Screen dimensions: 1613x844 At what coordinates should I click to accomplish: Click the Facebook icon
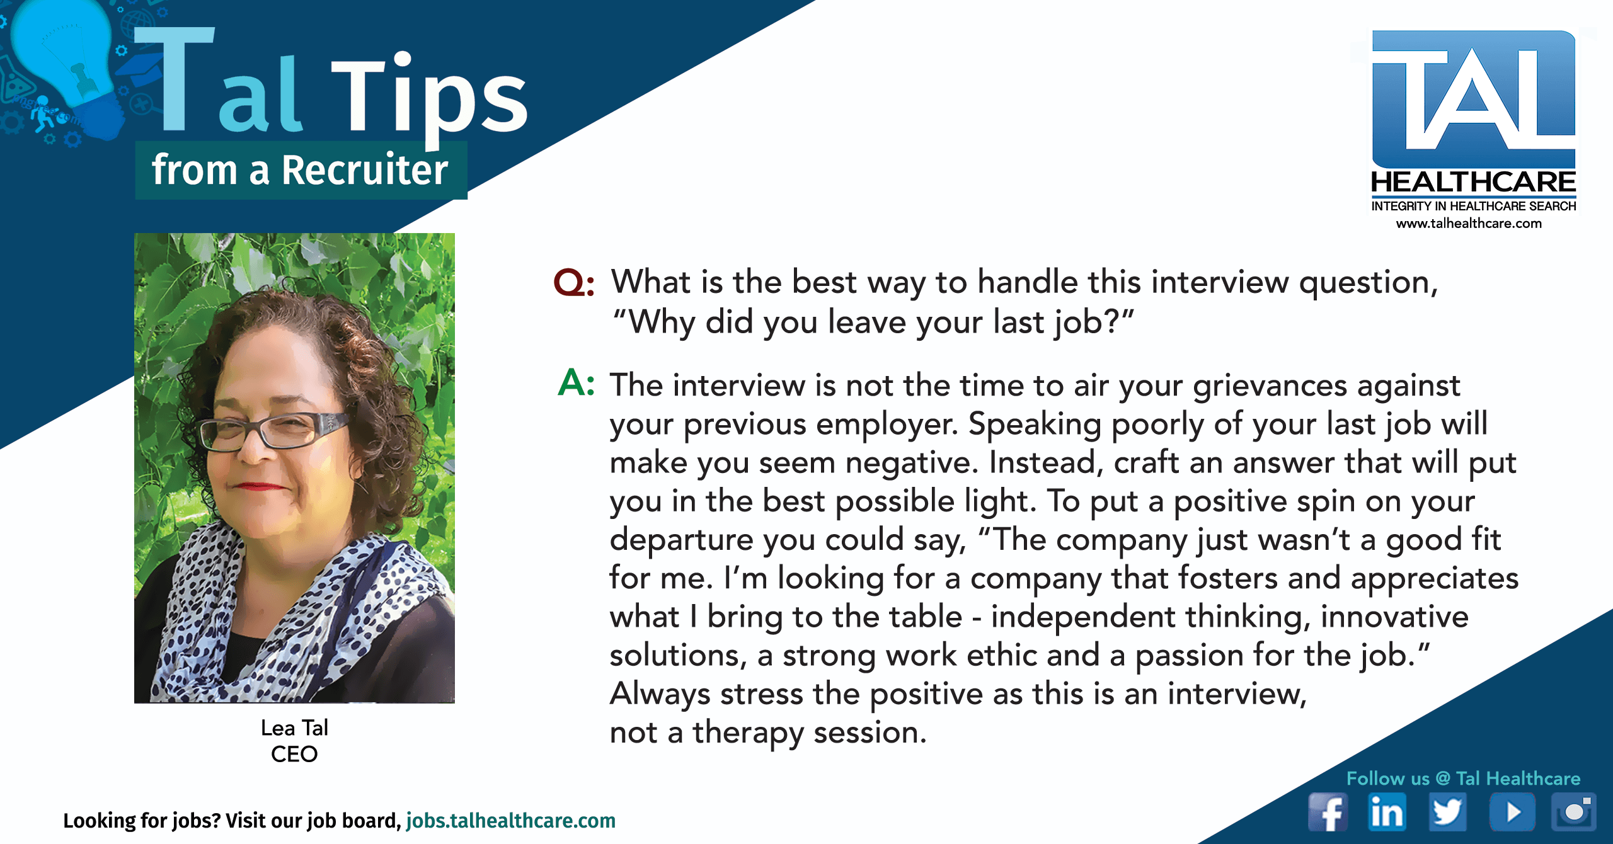pyautogui.click(x=1328, y=812)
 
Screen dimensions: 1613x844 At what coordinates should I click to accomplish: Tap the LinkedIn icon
pyautogui.click(x=1387, y=812)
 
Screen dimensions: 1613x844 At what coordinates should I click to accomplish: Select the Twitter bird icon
pyautogui.click(x=1447, y=812)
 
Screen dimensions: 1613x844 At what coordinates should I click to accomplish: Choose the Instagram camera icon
pyautogui.click(x=1573, y=812)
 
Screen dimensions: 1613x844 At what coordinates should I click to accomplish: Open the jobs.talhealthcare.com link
pyautogui.click(x=511, y=820)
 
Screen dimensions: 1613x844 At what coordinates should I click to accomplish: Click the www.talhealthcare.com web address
pyautogui.click(x=1469, y=223)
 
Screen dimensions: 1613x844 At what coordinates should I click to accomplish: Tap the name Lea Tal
pyautogui.click(x=294, y=727)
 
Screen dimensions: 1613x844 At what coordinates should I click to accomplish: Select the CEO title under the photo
pyautogui.click(x=294, y=754)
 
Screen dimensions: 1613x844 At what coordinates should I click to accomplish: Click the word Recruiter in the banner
pyautogui.click(x=364, y=170)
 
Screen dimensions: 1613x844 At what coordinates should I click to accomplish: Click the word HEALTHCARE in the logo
pyautogui.click(x=1474, y=182)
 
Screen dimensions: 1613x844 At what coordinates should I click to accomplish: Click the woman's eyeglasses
pyautogui.click(x=275, y=432)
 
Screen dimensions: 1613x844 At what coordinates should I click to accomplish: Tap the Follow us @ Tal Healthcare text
pyautogui.click(x=1463, y=778)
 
